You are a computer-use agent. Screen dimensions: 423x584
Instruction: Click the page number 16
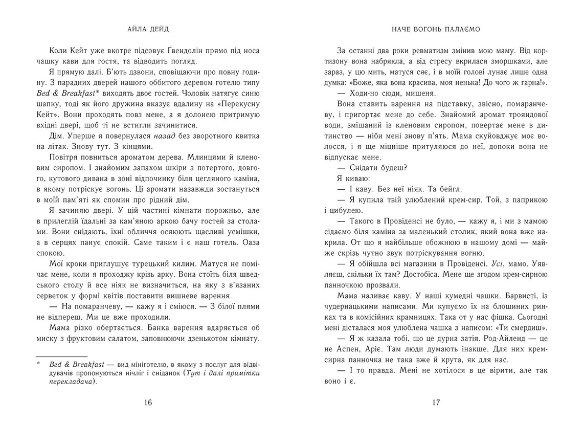point(148,403)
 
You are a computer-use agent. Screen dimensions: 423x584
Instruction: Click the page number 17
point(436,403)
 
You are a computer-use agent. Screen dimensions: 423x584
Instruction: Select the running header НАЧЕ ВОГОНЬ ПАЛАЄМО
point(436,29)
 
